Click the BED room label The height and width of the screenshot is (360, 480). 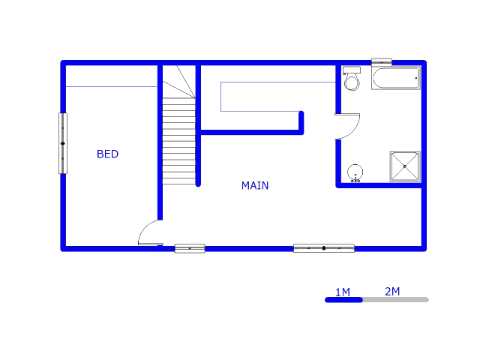coord(107,154)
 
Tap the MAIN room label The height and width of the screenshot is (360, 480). coord(255,185)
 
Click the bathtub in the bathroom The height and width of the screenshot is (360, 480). coord(395,78)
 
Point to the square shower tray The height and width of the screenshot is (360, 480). coord(405,166)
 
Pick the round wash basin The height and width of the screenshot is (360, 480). coord(355,172)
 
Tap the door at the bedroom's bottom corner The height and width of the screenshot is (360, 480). coord(149,233)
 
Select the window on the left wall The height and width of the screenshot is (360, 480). coord(63,142)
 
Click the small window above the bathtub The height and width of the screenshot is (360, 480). coord(381,62)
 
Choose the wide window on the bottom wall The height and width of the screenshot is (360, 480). coord(323,247)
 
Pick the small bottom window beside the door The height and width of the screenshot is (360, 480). coord(190,247)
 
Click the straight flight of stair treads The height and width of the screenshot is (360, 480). coord(179,142)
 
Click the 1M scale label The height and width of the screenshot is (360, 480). coord(343,292)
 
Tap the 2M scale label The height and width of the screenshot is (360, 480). coord(392,291)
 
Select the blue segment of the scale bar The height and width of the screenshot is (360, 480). coord(343,299)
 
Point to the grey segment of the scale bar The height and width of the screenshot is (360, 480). coord(395,299)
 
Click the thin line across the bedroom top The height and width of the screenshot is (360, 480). coord(111,86)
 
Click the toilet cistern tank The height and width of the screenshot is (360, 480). coord(352,70)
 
